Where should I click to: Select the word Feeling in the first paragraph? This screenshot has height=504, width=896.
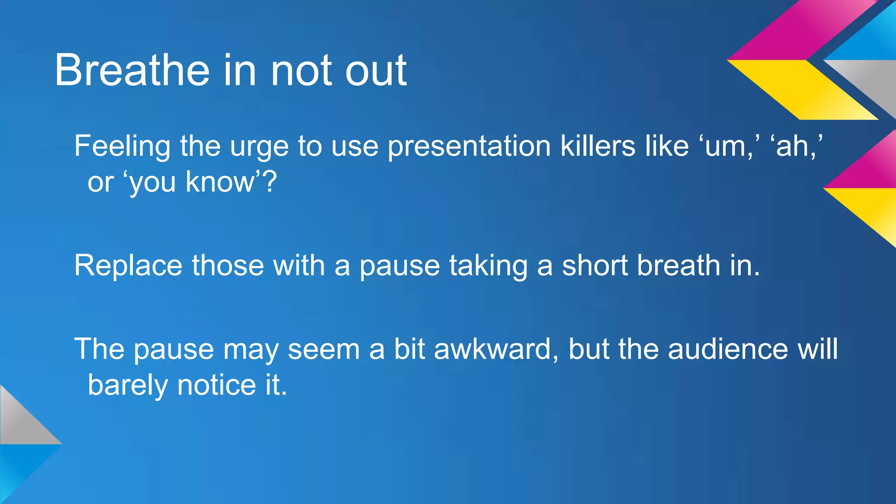point(122,146)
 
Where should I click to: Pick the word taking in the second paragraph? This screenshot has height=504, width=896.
point(488,266)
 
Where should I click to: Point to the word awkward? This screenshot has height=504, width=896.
point(493,349)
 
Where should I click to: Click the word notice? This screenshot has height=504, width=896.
point(216,385)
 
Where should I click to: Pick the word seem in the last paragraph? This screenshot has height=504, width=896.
point(323,349)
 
